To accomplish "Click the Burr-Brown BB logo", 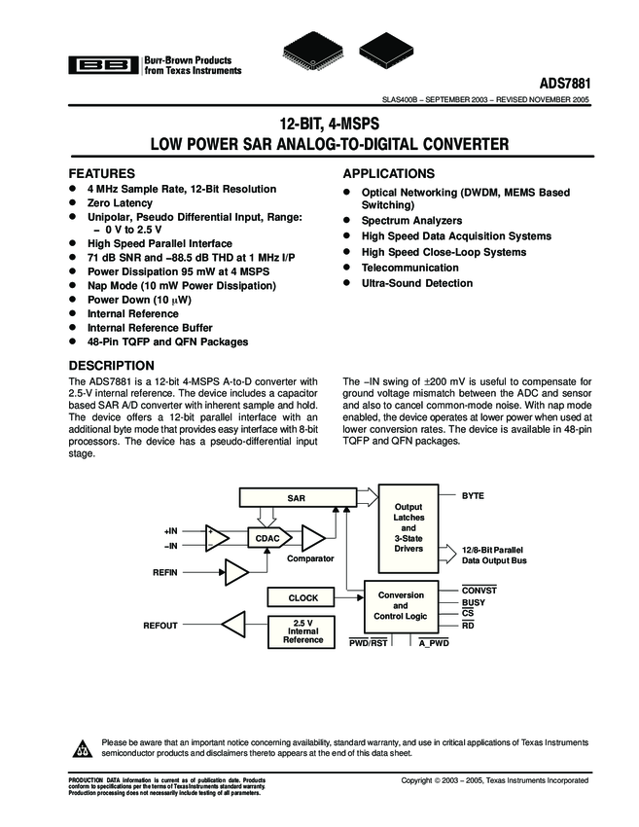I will [x=101, y=65].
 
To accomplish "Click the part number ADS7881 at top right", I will [x=559, y=84].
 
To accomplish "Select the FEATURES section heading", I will [x=100, y=173].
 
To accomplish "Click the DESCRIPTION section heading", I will [x=109, y=366].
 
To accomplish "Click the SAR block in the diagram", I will [x=297, y=498].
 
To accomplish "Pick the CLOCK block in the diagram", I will [x=303, y=597].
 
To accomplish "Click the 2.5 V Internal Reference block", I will [x=303, y=630].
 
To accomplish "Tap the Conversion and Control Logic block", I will [x=401, y=605].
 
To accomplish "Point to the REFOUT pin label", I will [x=160, y=626].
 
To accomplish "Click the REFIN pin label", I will [x=164, y=573].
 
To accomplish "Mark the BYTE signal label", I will [x=473, y=496].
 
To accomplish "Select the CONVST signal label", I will [x=479, y=591].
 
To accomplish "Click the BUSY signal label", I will [x=474, y=603].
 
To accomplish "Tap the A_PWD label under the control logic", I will [x=434, y=643].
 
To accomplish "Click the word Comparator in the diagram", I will [x=310, y=558].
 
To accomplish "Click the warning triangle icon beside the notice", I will [x=82, y=748].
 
